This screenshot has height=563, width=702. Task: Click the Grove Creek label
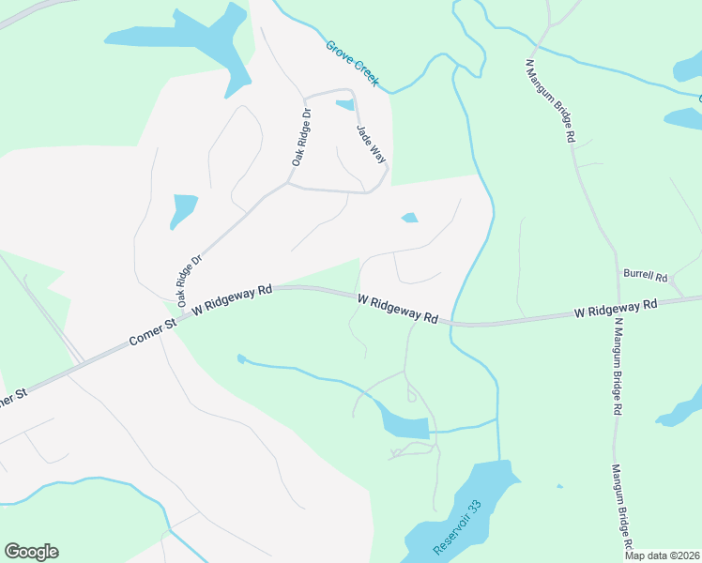tap(352, 64)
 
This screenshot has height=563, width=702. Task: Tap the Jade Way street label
tap(371, 145)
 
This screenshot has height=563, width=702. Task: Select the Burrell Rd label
tap(644, 278)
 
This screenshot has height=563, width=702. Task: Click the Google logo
tap(31, 552)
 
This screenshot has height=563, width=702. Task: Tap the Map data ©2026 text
tap(662, 555)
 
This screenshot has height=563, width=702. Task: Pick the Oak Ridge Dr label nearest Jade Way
tap(300, 137)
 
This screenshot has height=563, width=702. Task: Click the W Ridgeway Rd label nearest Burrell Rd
tap(615, 308)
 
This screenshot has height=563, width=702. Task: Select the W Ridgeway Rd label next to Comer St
tap(232, 300)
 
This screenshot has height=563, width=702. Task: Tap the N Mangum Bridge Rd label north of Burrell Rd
tap(551, 99)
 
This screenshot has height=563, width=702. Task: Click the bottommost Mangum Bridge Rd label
tap(623, 507)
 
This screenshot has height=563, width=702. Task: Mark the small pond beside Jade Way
tap(345, 105)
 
